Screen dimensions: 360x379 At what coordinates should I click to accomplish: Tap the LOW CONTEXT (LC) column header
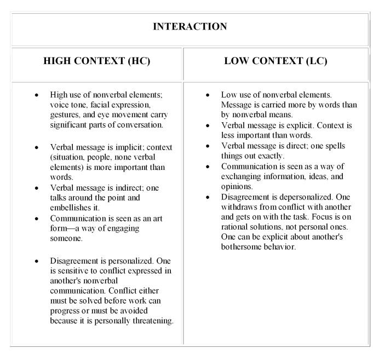(x=275, y=60)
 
